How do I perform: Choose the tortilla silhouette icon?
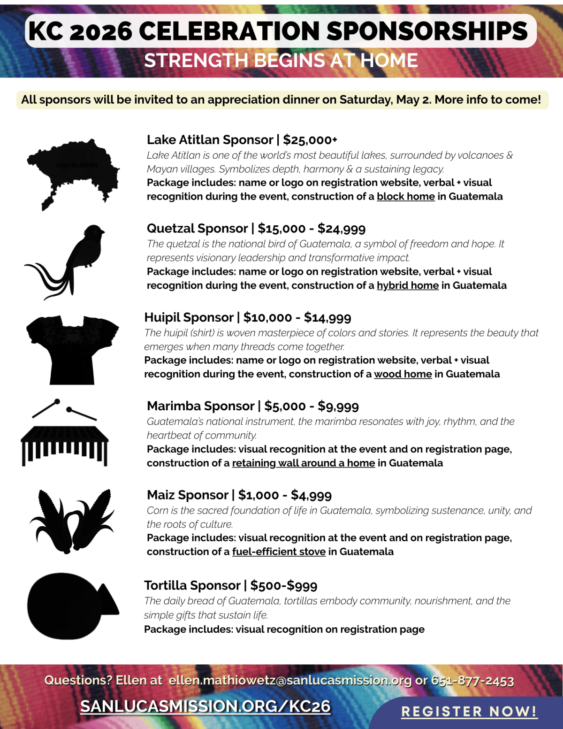(x=70, y=606)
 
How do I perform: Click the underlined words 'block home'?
(x=406, y=197)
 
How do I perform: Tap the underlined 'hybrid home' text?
(x=408, y=285)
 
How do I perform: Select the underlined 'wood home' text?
(x=403, y=374)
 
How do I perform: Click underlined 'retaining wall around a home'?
(x=304, y=463)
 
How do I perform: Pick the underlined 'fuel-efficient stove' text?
(x=279, y=552)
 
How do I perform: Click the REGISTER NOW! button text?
(x=469, y=712)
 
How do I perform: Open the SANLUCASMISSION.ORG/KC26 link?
(x=205, y=706)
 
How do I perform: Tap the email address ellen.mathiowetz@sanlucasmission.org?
(x=290, y=681)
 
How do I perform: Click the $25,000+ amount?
(x=310, y=140)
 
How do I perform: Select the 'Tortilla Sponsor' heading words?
(x=192, y=586)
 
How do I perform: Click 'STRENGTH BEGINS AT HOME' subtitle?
(x=281, y=61)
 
